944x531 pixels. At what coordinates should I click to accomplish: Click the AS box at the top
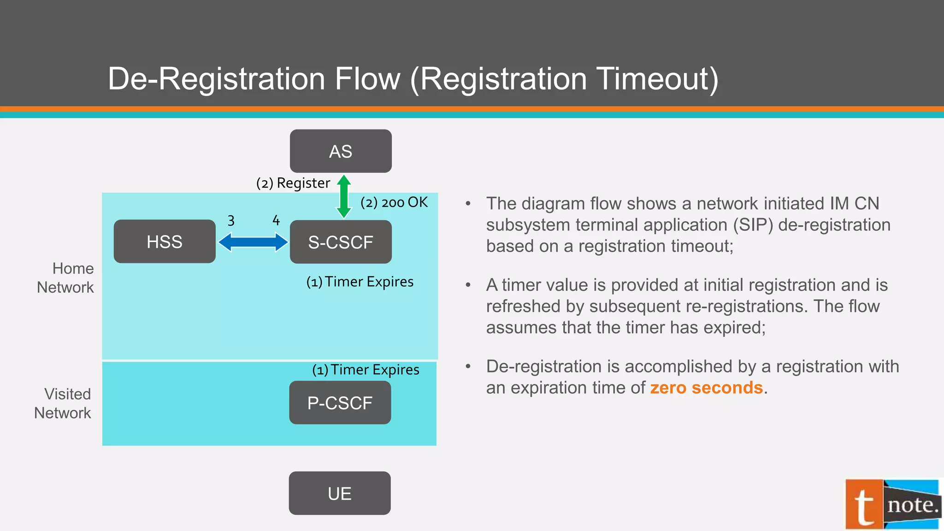pyautogui.click(x=341, y=151)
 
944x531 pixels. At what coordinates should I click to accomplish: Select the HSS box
pyautogui.click(x=165, y=242)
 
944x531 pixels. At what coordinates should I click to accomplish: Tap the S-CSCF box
pyautogui.click(x=341, y=242)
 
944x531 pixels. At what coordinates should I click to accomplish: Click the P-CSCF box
pyautogui.click(x=340, y=403)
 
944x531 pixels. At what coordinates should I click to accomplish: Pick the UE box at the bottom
pyautogui.click(x=340, y=493)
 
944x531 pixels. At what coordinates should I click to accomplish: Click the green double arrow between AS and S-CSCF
pyautogui.click(x=344, y=196)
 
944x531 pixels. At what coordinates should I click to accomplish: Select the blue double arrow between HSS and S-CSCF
pyautogui.click(x=253, y=242)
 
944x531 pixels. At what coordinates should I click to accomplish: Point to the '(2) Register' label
pyautogui.click(x=293, y=183)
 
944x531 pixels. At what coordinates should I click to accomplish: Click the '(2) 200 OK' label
pyautogui.click(x=394, y=202)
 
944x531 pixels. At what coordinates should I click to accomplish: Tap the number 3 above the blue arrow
pyautogui.click(x=231, y=221)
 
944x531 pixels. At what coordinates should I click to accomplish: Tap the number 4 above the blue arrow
pyautogui.click(x=276, y=220)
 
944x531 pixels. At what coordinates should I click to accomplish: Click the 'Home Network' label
pyautogui.click(x=65, y=278)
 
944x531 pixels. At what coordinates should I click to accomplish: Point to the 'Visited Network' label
pyautogui.click(x=63, y=403)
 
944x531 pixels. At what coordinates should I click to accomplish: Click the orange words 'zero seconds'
pyautogui.click(x=706, y=388)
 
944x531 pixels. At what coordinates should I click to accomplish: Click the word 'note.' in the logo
pyautogui.click(x=913, y=505)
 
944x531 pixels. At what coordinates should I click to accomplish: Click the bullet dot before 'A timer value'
pyautogui.click(x=468, y=285)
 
